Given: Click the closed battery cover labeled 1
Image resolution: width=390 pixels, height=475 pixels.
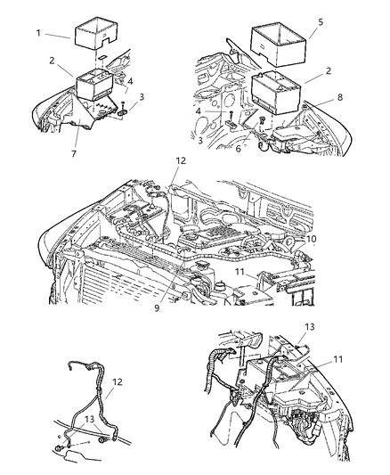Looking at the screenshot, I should (96, 34).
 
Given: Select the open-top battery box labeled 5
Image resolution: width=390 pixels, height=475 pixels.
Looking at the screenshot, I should (286, 45).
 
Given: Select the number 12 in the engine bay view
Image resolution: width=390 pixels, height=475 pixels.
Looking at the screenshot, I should (181, 161).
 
